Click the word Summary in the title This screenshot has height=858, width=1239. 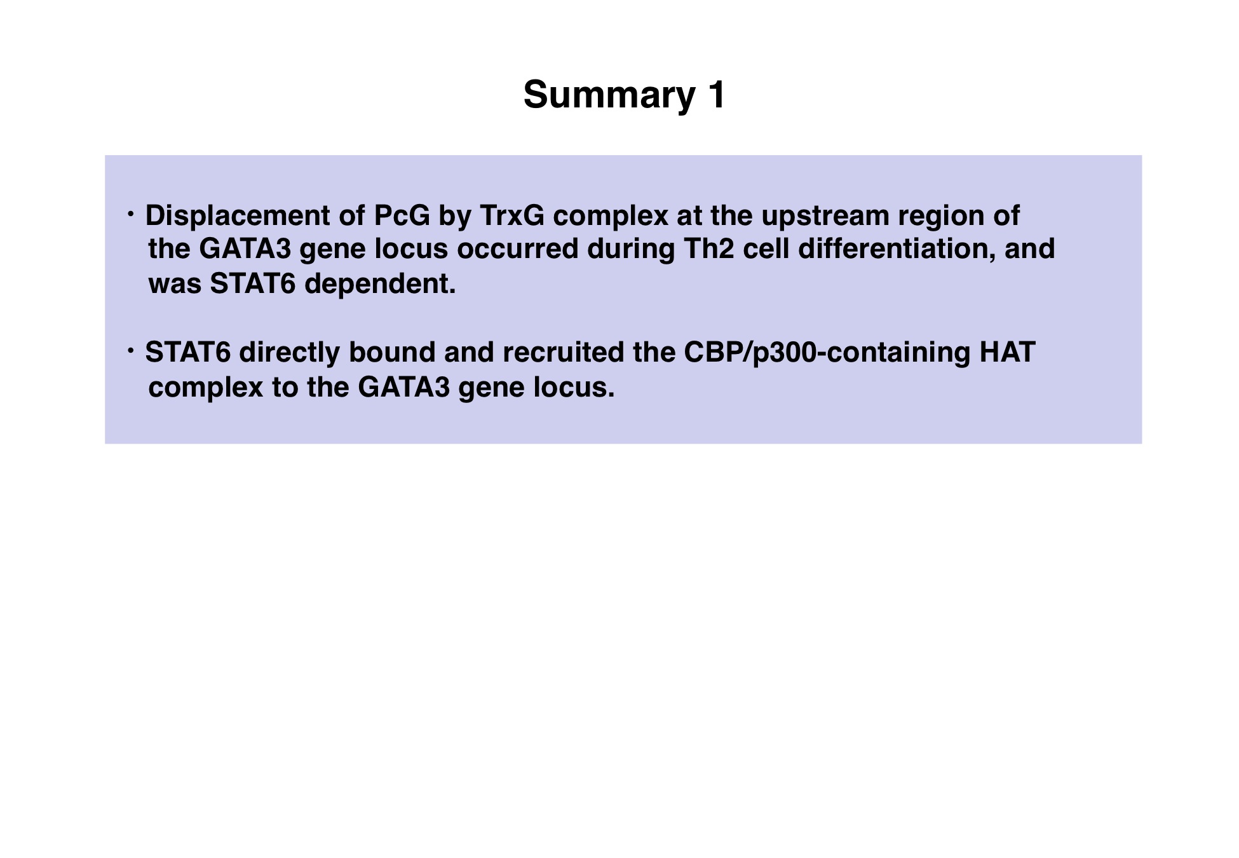(609, 95)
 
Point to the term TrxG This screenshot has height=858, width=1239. (512, 215)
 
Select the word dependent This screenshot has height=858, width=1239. (380, 284)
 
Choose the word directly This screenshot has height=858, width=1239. (290, 353)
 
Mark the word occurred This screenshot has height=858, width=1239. (518, 249)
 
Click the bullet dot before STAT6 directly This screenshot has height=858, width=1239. (131, 351)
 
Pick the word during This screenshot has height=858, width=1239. (631, 249)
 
